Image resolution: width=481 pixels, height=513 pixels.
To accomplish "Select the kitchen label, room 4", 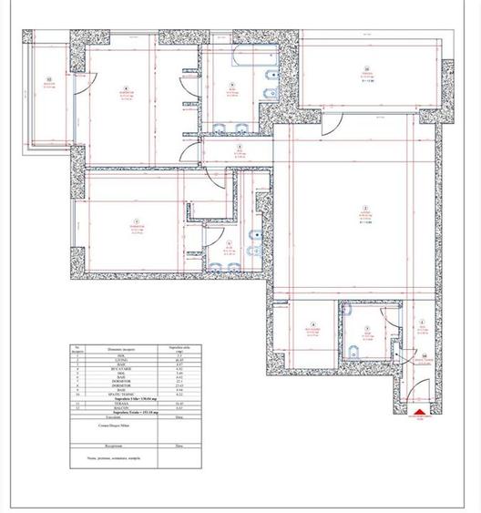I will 312,328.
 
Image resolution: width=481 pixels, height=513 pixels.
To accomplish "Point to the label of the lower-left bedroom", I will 135,225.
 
